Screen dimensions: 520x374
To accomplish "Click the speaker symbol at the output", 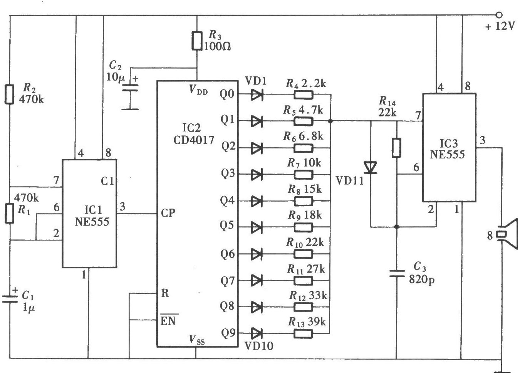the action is [x=507, y=234].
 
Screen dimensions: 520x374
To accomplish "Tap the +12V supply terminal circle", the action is [x=499, y=15].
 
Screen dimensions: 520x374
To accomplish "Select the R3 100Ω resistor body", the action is [x=196, y=41].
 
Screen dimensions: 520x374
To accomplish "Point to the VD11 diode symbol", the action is [x=371, y=168].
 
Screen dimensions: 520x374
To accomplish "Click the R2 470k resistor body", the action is [x=10, y=94].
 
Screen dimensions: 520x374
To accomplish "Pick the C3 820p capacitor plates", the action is [x=397, y=273].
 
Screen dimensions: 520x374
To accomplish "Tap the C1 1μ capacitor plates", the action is [x=10, y=299].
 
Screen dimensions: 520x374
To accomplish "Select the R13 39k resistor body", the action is [x=303, y=334].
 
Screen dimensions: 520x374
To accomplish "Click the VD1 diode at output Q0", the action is [x=257, y=94].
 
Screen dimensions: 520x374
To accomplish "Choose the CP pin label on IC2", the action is [x=168, y=213].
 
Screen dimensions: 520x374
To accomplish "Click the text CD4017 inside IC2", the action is [x=194, y=140].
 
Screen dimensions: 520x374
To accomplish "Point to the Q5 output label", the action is [x=227, y=226].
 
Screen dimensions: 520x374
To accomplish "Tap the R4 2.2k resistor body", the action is [x=303, y=94].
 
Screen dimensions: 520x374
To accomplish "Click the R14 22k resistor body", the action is [x=396, y=148].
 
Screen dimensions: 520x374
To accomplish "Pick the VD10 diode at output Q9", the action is [x=257, y=333].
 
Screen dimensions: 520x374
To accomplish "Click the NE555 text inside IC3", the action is [x=448, y=154].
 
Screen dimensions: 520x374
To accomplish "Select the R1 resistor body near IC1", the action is [x=10, y=213].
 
